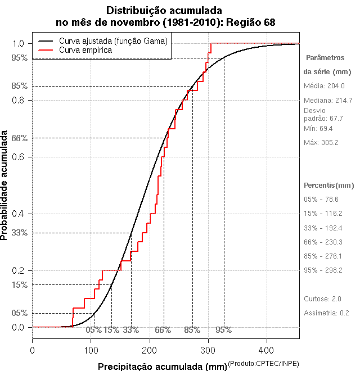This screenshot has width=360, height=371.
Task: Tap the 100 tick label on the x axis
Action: point(91,350)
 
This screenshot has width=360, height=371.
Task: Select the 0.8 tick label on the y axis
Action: point(19,100)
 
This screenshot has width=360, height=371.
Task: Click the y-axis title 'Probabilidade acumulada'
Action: point(5,185)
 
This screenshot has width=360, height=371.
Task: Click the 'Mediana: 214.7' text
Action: point(328,100)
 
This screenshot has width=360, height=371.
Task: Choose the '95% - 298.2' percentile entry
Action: point(323,270)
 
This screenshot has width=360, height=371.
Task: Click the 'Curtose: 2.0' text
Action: point(322,299)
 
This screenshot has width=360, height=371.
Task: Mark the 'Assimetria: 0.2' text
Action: point(326,313)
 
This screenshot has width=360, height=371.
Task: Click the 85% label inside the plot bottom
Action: point(192,330)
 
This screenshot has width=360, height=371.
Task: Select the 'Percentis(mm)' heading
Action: point(329,185)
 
